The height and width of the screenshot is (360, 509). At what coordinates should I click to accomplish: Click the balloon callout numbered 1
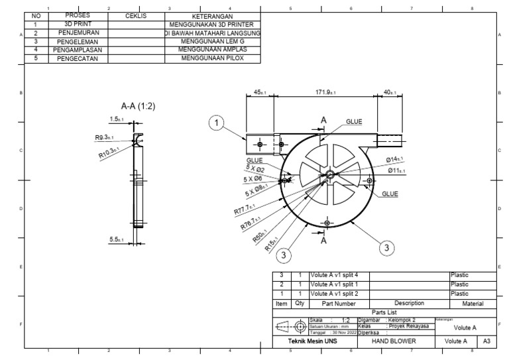(216, 122)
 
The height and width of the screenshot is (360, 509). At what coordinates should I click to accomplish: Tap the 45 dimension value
(260, 93)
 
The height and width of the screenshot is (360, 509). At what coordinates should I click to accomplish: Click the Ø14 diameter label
(395, 160)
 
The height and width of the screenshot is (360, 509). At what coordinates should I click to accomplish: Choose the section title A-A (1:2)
(139, 105)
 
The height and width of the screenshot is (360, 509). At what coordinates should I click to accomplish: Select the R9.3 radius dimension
(104, 138)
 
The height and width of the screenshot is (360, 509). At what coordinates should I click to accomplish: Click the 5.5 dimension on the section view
(118, 239)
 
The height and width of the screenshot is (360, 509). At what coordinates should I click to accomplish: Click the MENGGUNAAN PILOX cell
(212, 58)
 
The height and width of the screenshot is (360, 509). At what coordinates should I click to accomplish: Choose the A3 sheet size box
(486, 341)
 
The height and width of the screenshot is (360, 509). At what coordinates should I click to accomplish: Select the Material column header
(472, 303)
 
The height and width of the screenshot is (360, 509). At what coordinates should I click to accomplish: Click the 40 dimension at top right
(390, 93)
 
